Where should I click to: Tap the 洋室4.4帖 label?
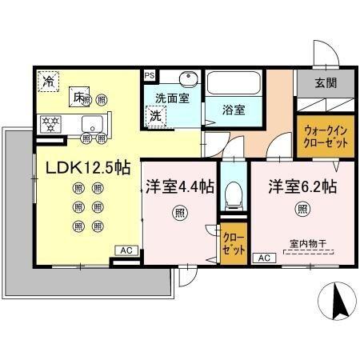tap(180, 186)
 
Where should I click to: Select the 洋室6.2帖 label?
tap(302, 186)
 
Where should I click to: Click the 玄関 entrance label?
tap(325, 83)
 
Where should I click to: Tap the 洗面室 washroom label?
tap(172, 98)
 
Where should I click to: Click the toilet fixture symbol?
tap(234, 194)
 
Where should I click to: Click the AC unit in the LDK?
tap(126, 250)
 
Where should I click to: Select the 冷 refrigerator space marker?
tap(49, 80)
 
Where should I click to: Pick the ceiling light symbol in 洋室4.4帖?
tap(179, 212)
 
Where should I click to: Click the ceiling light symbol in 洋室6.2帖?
tap(302, 210)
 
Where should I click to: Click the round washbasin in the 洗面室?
tap(187, 81)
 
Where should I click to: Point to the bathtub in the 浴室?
tap(234, 86)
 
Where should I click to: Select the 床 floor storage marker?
tap(79, 96)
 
